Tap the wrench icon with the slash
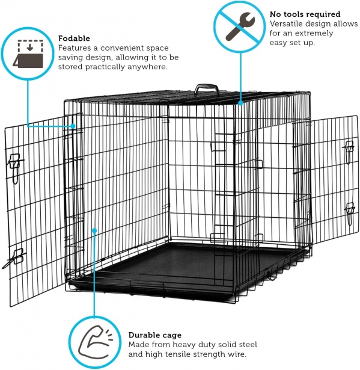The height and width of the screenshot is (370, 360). pyautogui.click(x=240, y=26)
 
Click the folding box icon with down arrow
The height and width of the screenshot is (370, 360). pyautogui.click(x=28, y=54)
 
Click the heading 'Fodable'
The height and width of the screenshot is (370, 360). pyautogui.click(x=74, y=39)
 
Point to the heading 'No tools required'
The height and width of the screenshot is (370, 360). pyautogui.click(x=305, y=14)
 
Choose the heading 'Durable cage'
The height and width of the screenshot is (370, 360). pyautogui.click(x=155, y=335)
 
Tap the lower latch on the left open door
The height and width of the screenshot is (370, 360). pyautogui.click(x=15, y=257)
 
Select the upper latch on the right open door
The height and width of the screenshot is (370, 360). pyautogui.click(x=349, y=151)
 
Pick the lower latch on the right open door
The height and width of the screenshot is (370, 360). pyautogui.click(x=349, y=212)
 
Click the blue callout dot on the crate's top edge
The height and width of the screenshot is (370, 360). pyautogui.click(x=240, y=103)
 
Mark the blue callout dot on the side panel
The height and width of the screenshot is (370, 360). pyautogui.click(x=94, y=230)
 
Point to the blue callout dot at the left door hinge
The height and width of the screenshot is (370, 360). pyautogui.click(x=73, y=126)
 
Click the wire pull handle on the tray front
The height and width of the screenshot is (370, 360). pyautogui.click(x=147, y=286)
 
